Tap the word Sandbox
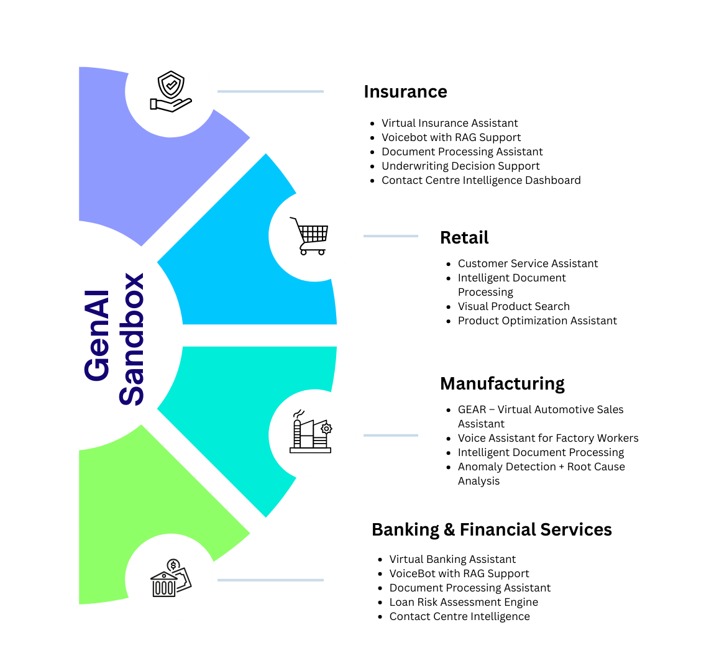[132, 339]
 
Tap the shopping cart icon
[311, 236]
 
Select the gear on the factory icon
[326, 428]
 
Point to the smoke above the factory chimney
[299, 413]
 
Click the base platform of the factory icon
[310, 450]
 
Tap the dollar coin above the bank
[173, 565]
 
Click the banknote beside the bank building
[185, 580]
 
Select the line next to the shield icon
[270, 91]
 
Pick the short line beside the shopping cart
[390, 236]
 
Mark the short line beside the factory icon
[390, 435]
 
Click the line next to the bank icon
[270, 580]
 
